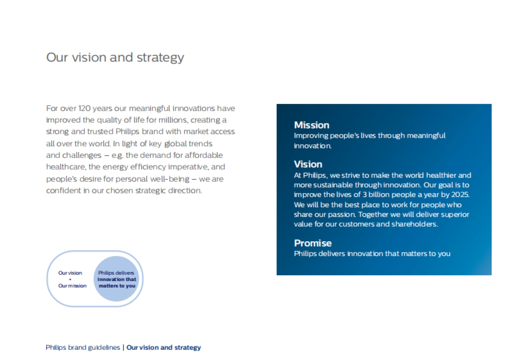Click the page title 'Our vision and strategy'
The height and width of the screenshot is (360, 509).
pyautogui.click(x=115, y=57)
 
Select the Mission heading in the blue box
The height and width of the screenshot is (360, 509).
pyautogui.click(x=312, y=125)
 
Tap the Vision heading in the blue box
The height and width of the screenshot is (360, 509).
pyautogui.click(x=308, y=164)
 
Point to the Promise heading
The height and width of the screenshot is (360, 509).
pyautogui.click(x=313, y=243)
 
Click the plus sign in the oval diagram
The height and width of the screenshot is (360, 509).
pyautogui.click(x=70, y=279)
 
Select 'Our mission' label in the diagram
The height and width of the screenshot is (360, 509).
pyautogui.click(x=73, y=286)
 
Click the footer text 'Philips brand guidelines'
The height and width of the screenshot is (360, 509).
pyautogui.click(x=83, y=348)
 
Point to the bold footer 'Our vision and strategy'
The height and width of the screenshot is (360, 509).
pyautogui.click(x=164, y=348)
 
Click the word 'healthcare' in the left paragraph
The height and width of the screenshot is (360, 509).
pyautogui.click(x=64, y=167)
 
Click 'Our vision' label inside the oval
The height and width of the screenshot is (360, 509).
pyautogui.click(x=70, y=273)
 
